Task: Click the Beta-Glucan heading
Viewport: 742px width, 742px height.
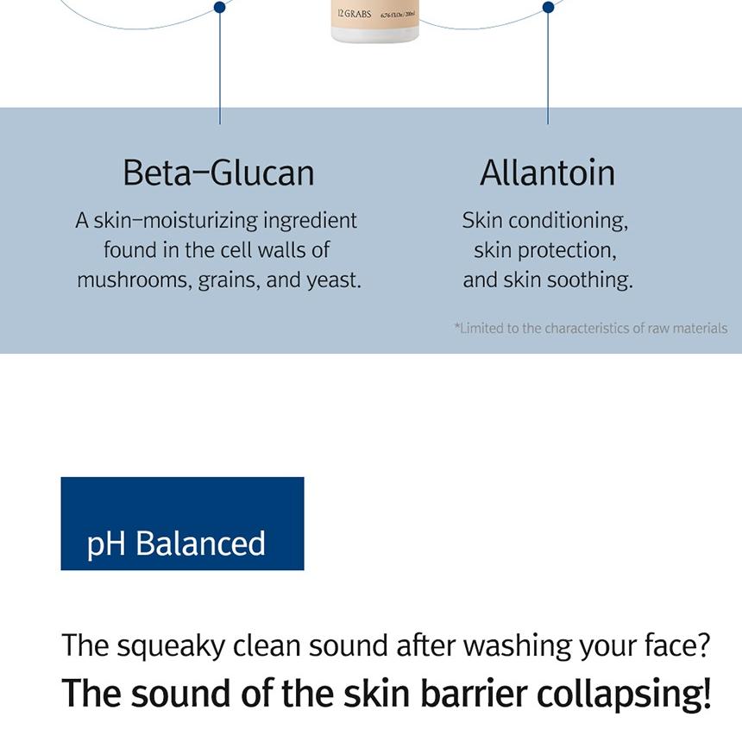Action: click(218, 173)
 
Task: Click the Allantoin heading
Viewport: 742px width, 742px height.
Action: click(548, 173)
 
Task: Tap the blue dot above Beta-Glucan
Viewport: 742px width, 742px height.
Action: click(219, 7)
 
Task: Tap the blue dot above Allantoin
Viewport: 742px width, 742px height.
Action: click(549, 7)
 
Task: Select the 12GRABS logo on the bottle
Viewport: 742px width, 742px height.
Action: click(355, 14)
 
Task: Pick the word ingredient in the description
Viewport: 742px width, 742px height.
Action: click(310, 221)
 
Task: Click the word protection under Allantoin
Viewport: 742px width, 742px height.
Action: click(567, 251)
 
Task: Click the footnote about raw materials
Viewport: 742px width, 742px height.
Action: click(590, 328)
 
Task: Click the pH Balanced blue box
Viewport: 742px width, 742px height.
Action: click(182, 524)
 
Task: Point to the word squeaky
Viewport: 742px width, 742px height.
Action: click(171, 646)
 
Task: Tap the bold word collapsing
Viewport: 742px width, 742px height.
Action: click(624, 695)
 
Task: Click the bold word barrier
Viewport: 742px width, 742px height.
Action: click(474, 694)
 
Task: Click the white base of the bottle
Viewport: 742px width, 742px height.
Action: click(374, 35)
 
